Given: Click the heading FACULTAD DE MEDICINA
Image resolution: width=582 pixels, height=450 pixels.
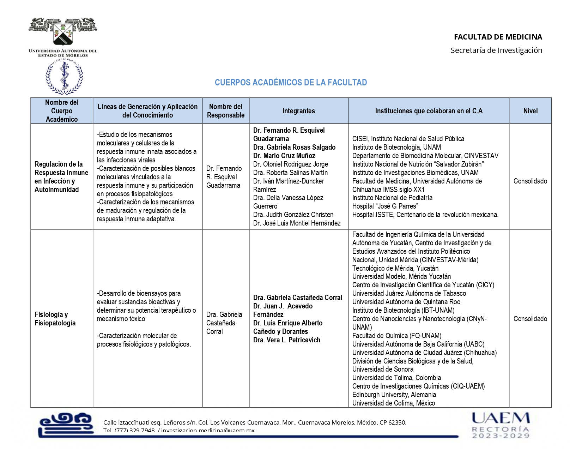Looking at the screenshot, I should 498,37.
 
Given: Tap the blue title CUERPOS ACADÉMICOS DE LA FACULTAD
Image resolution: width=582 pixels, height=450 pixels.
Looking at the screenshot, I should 291,83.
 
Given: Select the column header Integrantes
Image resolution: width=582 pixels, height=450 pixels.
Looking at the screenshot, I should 298,111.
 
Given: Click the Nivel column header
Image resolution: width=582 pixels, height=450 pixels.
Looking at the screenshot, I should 530,111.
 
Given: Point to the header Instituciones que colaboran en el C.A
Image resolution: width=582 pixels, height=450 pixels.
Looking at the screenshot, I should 429,111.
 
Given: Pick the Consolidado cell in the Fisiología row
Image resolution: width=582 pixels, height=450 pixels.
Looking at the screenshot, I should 530,319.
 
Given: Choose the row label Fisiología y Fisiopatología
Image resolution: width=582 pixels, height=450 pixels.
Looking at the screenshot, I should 55,319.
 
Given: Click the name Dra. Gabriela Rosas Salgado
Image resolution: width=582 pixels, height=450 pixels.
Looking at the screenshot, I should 294,147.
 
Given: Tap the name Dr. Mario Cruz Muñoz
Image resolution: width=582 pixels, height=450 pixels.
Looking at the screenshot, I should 284,156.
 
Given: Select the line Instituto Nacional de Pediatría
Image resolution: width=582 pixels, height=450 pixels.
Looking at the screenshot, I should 392,198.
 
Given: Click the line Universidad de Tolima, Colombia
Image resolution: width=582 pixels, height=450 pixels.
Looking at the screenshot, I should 396,378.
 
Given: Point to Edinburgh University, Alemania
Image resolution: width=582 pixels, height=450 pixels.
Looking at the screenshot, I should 394,395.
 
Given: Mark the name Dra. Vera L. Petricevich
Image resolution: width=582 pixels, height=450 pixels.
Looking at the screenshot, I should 287,340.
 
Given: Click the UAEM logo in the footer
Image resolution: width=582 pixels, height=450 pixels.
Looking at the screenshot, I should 501,425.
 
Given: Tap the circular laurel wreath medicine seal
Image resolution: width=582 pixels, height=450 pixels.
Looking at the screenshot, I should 64,77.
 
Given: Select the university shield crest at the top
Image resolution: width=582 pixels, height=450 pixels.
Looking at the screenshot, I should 63,32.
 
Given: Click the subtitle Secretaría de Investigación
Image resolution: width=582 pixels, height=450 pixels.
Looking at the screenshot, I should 496,50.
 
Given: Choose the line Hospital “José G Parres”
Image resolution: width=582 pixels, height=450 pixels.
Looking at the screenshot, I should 385,206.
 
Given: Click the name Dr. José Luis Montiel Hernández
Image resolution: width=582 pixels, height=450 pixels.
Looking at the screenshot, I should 297,223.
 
